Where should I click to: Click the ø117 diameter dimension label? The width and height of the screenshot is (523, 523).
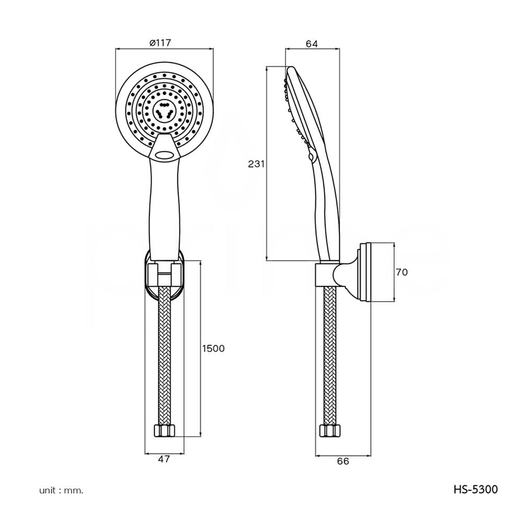pos(160,43)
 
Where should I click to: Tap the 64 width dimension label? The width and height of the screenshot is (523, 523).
pos(312,44)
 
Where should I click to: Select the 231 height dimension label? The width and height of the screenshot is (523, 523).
pos(256,164)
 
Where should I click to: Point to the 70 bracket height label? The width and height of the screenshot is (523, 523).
pos(402,272)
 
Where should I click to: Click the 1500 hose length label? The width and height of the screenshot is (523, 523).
pos(213,348)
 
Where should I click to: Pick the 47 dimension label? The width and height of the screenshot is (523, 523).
pos(164,459)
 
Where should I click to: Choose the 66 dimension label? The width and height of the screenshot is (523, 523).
pos(343,461)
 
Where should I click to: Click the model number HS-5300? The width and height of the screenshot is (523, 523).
pos(475,490)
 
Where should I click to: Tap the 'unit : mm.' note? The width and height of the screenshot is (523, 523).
pos(61,491)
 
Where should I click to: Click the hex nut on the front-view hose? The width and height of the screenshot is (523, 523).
pos(164,430)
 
